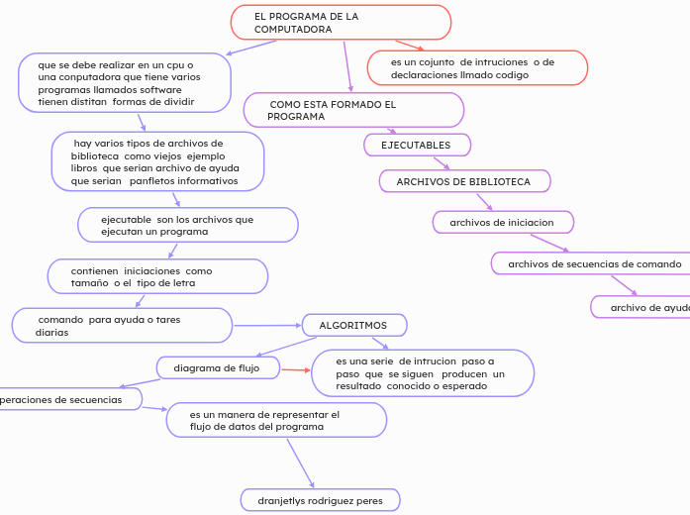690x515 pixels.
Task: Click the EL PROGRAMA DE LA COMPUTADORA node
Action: click(341, 23)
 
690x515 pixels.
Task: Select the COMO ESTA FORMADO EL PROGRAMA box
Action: click(353, 110)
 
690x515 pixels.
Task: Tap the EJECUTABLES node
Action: click(417, 146)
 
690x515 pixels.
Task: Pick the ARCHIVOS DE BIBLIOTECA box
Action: click(464, 181)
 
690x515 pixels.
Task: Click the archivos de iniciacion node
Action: click(503, 222)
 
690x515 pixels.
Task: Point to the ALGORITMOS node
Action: click(353, 325)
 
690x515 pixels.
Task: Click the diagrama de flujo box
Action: click(217, 367)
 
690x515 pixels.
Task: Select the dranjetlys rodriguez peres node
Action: click(320, 500)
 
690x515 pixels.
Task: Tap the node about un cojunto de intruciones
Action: click(477, 67)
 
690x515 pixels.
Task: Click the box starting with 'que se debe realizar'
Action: click(125, 82)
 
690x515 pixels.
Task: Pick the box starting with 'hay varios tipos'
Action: click(157, 160)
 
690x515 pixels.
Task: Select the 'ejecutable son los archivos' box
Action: click(187, 225)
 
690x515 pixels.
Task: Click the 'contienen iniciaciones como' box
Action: click(157, 276)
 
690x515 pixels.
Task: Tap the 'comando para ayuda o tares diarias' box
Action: click(122, 325)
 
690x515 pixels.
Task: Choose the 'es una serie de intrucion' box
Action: click(423, 373)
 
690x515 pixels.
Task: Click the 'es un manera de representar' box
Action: click(276, 420)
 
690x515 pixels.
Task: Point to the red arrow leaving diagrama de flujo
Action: click(294, 371)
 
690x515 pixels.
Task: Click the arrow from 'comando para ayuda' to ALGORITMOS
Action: click(266, 325)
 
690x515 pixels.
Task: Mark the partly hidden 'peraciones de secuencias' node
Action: click(69, 399)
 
